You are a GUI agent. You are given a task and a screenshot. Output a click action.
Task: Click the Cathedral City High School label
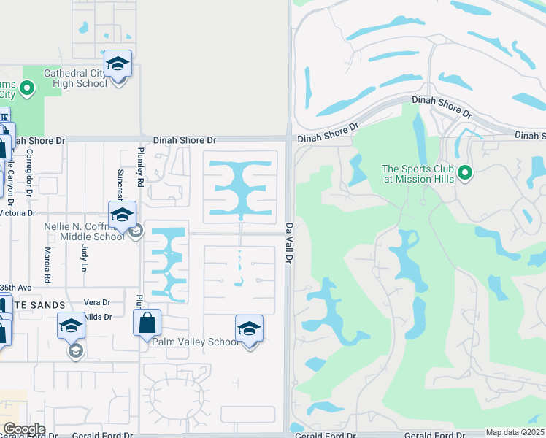[x=75, y=78]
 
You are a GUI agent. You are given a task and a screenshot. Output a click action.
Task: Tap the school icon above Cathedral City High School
[x=118, y=64]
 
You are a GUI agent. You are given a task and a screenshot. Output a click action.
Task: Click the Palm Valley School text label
[x=195, y=342]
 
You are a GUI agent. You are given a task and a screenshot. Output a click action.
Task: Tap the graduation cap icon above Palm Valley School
[x=249, y=328]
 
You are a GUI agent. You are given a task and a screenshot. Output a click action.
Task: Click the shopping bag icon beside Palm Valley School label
[x=147, y=322]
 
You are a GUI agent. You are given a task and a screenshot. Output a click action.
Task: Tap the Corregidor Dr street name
[x=30, y=173]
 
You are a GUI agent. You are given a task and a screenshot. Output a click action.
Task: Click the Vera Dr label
[x=96, y=302]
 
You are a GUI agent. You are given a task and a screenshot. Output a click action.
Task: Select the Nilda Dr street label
[x=97, y=317]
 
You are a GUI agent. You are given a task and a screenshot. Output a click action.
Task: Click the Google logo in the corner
[x=24, y=429]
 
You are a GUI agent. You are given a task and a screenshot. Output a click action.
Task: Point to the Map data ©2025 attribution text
[x=515, y=432]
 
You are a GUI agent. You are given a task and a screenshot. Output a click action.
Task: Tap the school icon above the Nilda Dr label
[x=72, y=326]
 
